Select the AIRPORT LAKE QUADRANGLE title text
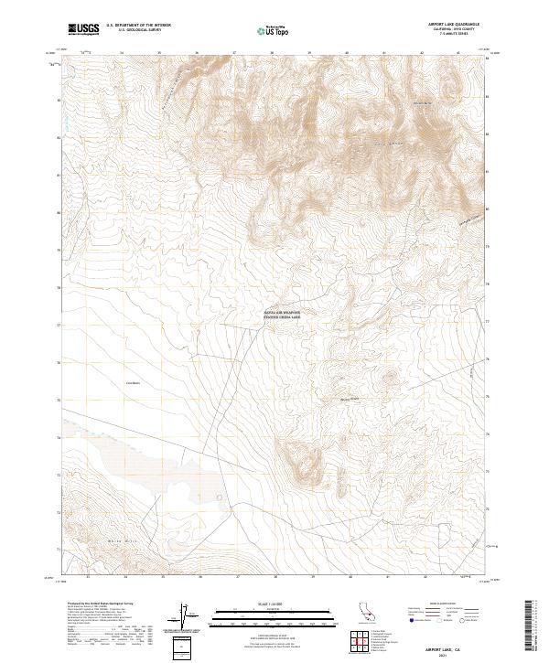(x=454, y=24)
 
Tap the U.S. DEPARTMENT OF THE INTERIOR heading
(x=138, y=25)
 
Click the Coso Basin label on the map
(x=131, y=382)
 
